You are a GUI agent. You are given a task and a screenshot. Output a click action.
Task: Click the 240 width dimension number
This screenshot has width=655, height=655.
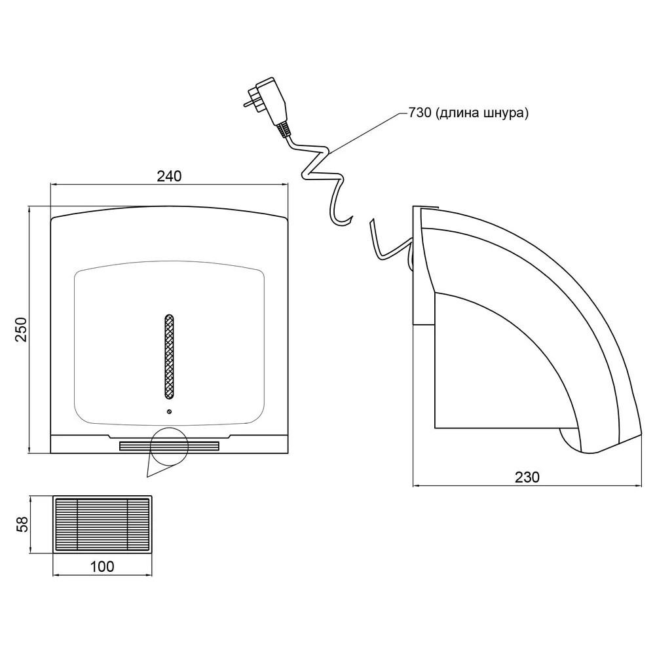[169, 176]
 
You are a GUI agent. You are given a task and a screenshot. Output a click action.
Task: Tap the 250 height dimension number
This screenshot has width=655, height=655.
[22, 329]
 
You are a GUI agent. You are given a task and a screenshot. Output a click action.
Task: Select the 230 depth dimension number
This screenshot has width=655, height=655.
[527, 477]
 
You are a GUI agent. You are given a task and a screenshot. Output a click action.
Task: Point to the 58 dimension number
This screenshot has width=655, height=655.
[22, 524]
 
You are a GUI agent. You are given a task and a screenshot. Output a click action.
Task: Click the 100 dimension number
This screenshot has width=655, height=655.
[102, 567]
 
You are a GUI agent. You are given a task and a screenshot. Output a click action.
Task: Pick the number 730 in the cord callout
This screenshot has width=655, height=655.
[420, 113]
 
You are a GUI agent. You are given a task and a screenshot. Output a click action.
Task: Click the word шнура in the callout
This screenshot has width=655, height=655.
[506, 113]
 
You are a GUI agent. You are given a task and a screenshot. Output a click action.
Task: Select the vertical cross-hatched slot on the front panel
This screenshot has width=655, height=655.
[169, 356]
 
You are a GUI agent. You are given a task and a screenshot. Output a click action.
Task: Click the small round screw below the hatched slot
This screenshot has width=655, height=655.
[169, 412]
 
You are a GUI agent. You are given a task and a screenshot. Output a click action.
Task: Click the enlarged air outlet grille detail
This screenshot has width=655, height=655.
[102, 525]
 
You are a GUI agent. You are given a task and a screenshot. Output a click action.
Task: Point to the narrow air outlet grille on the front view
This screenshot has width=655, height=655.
[169, 446]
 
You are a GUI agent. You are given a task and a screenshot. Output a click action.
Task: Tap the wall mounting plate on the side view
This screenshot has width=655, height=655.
[418, 265]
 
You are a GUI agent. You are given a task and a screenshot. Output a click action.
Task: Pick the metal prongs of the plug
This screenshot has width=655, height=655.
[250, 98]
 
